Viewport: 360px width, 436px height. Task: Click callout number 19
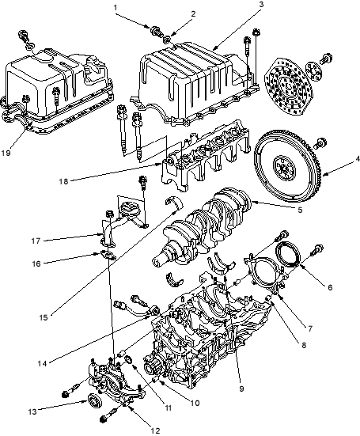tap(6, 153)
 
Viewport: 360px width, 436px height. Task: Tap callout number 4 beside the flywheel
tap(357, 159)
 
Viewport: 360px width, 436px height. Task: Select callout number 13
tap(32, 411)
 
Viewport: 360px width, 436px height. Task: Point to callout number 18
tap(63, 181)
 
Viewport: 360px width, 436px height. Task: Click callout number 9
tap(241, 389)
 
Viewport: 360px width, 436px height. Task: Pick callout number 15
tap(44, 317)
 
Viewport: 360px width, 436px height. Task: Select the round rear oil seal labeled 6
tap(288, 255)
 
